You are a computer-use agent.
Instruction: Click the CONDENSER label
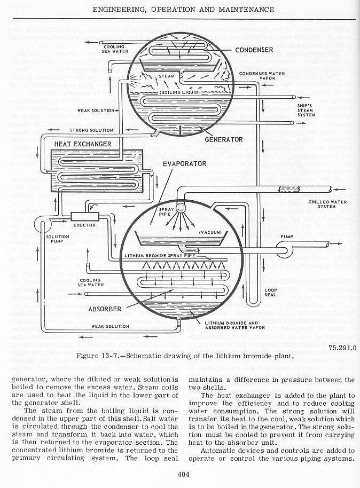click(x=254, y=50)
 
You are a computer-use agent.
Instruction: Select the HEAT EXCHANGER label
click(x=82, y=144)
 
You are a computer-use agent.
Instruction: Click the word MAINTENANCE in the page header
click(x=243, y=10)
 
